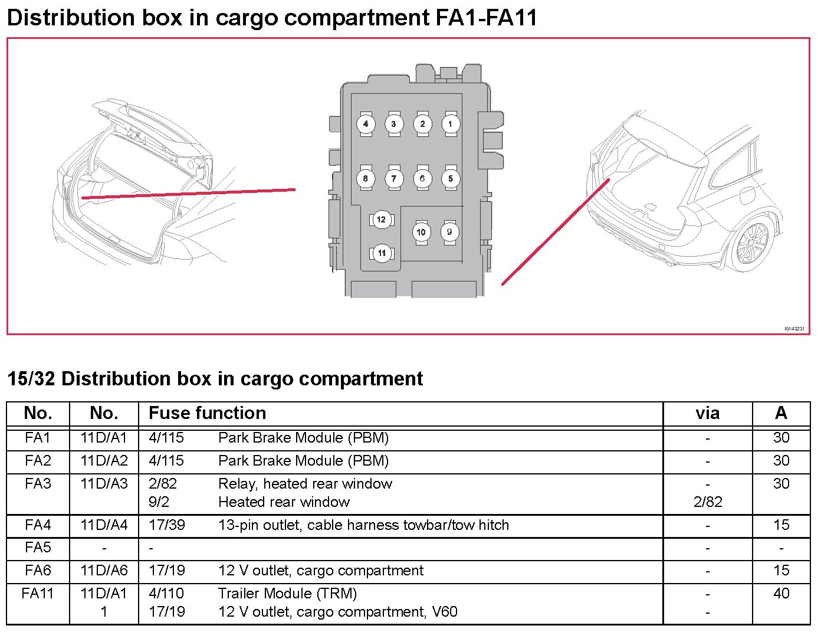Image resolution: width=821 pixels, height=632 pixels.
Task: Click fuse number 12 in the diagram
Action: (x=381, y=220)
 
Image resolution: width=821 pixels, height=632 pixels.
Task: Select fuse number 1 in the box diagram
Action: (x=450, y=124)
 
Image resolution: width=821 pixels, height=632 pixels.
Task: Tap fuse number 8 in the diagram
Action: (x=366, y=178)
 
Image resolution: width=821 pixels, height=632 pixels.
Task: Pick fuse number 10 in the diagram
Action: (x=421, y=232)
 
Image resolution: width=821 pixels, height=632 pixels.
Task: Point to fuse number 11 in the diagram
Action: (x=382, y=253)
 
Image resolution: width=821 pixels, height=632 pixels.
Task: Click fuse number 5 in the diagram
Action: (x=450, y=178)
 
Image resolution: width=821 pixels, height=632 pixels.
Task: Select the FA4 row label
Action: (x=38, y=525)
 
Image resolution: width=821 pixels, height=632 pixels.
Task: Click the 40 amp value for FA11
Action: (x=781, y=593)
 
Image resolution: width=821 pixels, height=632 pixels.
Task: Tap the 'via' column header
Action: (x=707, y=413)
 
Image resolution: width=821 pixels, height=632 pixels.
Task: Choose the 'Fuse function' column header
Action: (x=207, y=413)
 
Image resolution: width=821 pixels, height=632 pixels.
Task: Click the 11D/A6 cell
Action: (x=104, y=571)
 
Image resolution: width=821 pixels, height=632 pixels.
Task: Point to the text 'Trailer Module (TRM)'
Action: (x=287, y=593)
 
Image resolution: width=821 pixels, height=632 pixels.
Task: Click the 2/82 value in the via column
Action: (x=707, y=502)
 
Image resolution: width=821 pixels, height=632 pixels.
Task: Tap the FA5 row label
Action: (x=38, y=548)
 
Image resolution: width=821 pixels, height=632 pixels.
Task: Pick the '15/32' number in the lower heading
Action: (x=31, y=378)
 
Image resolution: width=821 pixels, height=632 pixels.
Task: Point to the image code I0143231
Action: (x=794, y=329)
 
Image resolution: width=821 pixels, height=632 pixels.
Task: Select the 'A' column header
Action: (x=781, y=413)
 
